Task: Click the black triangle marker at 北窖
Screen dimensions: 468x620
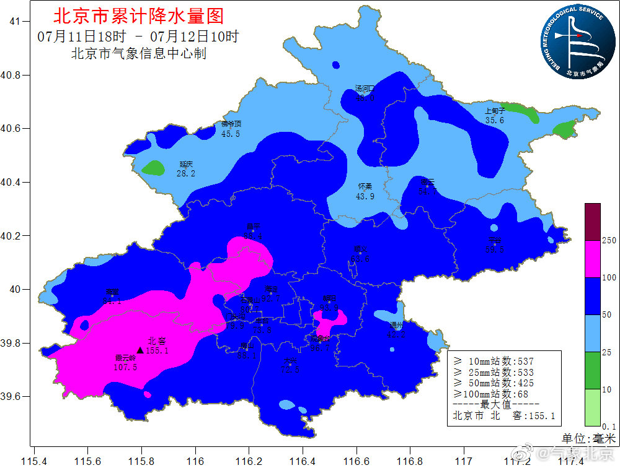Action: tap(140, 350)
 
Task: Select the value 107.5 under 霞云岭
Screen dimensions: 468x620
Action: tap(125, 367)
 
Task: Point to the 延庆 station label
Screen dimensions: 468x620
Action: tap(186, 164)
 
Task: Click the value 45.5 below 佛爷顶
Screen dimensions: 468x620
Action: tap(231, 134)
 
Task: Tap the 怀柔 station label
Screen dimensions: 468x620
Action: tap(365, 186)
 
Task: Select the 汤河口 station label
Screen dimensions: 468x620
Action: tap(365, 89)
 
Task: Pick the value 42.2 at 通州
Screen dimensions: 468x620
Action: tap(396, 335)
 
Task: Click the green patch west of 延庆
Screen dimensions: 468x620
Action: tap(153, 167)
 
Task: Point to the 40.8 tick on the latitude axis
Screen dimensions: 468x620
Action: tap(14, 75)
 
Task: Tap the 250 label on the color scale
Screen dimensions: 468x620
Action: tap(609, 240)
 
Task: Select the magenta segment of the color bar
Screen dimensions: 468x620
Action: tap(592, 259)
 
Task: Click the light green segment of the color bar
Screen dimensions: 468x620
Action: tap(592, 407)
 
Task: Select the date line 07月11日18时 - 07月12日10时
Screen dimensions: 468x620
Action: tap(138, 36)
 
